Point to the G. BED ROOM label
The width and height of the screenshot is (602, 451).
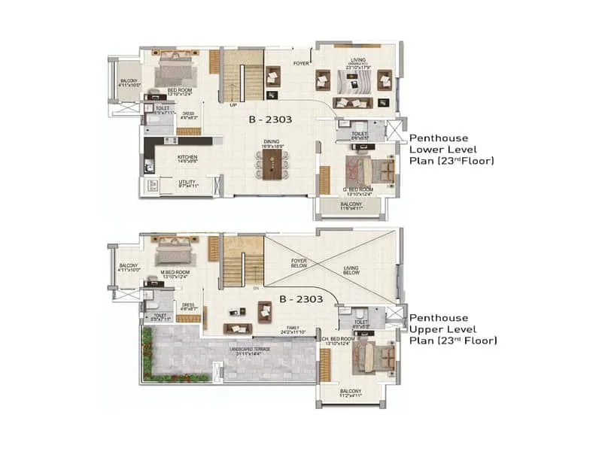pyautogui.click(x=358, y=189)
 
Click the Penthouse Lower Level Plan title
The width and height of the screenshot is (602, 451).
pyautogui.click(x=451, y=150)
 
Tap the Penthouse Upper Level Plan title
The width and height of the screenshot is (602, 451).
pyautogui.click(x=452, y=329)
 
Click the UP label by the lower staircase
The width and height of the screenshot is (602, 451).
pyautogui.click(x=233, y=104)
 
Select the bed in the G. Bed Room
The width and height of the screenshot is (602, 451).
pyautogui.click(x=367, y=168)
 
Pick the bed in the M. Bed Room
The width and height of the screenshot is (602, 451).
pyautogui.click(x=173, y=253)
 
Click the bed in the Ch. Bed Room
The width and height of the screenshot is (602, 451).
pyautogui.click(x=369, y=357)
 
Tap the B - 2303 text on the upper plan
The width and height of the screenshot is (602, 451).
pyautogui.click(x=301, y=299)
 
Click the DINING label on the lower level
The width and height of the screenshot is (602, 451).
pyautogui.click(x=272, y=140)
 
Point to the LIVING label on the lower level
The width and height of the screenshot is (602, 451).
pyautogui.click(x=357, y=62)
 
